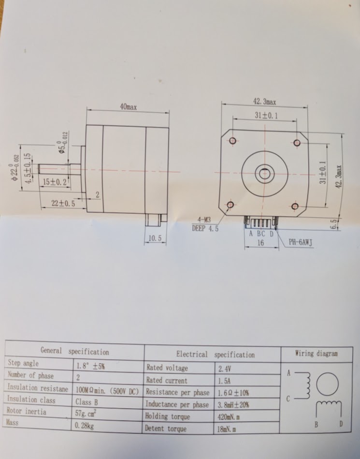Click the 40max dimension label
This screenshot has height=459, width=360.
(128, 107)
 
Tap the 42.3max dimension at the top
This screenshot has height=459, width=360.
(264, 102)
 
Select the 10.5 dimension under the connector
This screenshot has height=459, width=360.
(155, 238)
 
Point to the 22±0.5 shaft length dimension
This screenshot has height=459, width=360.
(63, 204)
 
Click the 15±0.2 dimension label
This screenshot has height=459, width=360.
(55, 182)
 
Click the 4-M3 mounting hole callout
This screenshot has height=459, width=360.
(204, 220)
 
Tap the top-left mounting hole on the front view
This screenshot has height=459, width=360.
(233, 141)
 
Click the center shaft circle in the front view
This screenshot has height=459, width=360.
(264, 173)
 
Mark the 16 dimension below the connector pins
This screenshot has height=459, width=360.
(260, 243)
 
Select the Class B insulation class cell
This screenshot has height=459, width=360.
(86, 401)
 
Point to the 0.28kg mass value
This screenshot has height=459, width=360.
(85, 426)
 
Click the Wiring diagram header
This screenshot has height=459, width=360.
(317, 354)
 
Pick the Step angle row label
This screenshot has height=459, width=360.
(23, 363)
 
